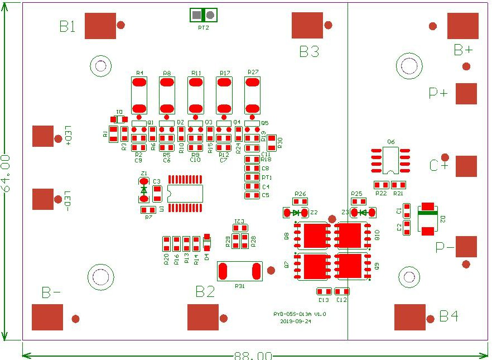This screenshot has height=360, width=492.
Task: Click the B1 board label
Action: pos(67,26)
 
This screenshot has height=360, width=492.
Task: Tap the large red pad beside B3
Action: pos(307,25)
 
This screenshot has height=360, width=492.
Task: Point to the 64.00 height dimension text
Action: pos(6,174)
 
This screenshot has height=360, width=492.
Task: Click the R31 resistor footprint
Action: pos(240,272)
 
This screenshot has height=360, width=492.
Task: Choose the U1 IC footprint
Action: pos(186,194)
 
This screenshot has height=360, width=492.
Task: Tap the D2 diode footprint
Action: pos(428,218)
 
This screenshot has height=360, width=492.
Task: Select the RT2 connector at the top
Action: pos(204,15)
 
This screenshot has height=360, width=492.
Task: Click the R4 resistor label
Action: pos(139,73)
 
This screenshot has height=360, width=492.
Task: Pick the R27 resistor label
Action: pos(253,73)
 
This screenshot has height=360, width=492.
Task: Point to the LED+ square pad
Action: pos(43,136)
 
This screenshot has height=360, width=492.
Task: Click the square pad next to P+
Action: pos(466,94)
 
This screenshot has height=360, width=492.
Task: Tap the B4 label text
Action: pos(449,316)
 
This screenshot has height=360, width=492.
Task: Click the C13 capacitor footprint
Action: pos(324,291)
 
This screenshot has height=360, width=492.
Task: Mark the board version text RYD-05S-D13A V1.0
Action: pos(300,314)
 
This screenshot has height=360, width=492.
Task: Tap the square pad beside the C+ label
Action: pos(466,166)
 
